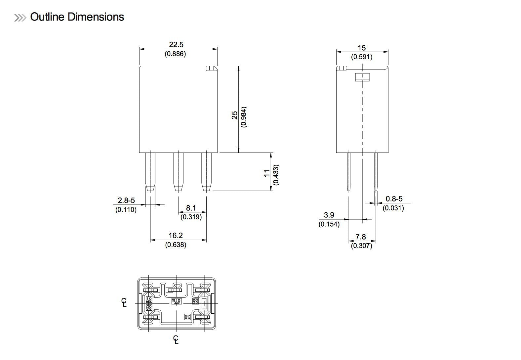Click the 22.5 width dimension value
coord(176,44)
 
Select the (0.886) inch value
coord(176,54)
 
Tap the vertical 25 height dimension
coord(235,115)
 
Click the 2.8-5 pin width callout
coord(126,200)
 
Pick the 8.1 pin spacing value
coord(191,208)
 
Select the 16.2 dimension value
coord(176,235)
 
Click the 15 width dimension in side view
coord(361,48)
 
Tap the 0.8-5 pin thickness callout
coord(394,199)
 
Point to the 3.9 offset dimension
coord(329,215)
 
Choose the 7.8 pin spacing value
coord(361,237)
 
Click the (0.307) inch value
coord(361,246)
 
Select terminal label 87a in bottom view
coord(177,301)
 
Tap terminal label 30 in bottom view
coord(187,317)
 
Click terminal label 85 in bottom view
coord(195,301)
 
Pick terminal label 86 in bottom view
coord(149,307)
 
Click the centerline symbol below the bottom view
coord(176,339)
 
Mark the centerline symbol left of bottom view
coord(124,302)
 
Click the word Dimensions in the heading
coord(96,17)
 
